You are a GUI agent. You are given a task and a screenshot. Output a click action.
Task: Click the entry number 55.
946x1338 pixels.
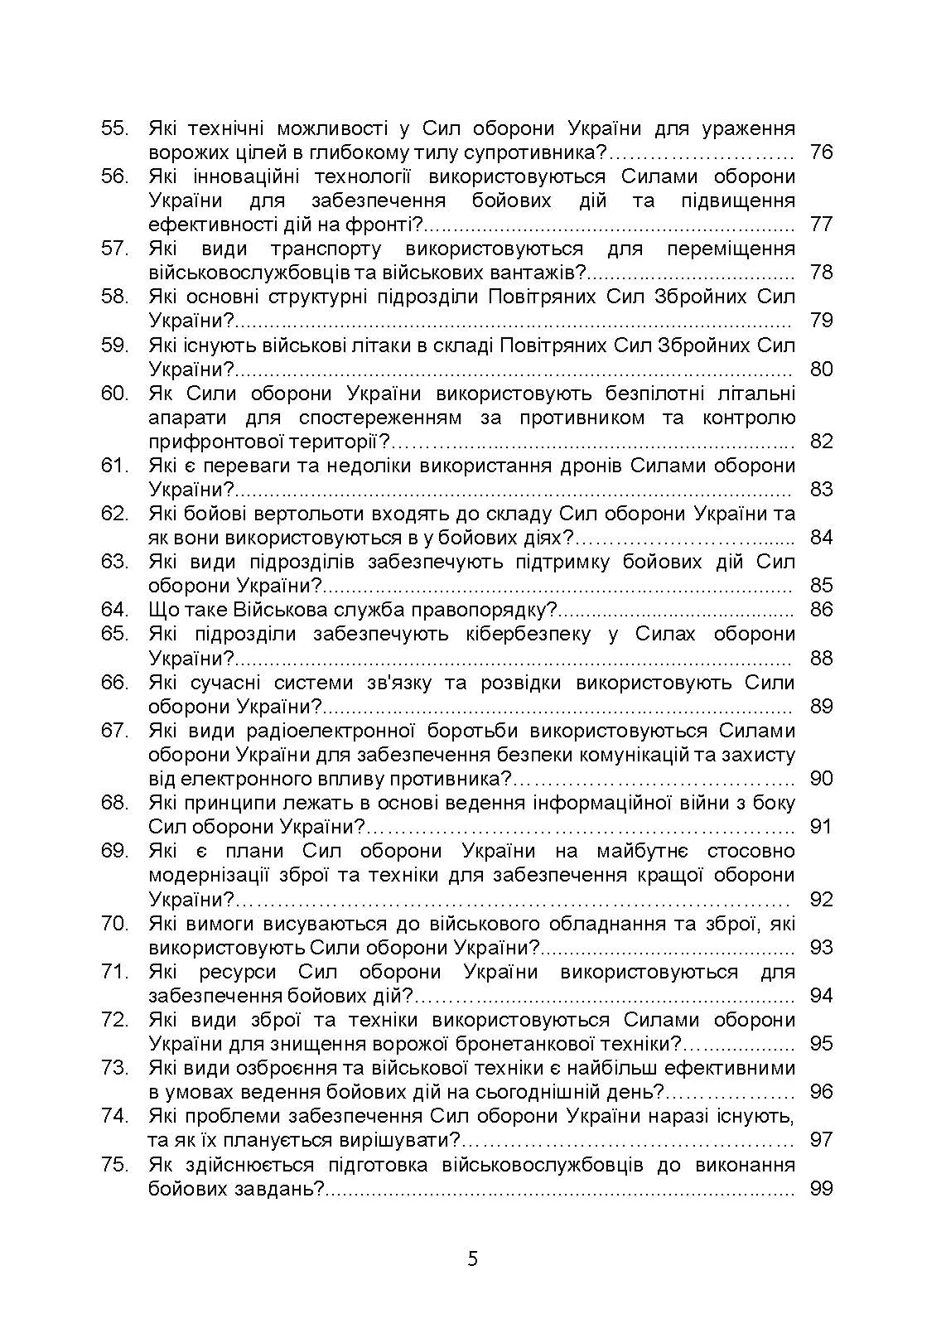point(114,128)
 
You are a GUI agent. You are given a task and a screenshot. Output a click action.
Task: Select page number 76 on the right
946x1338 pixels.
point(820,152)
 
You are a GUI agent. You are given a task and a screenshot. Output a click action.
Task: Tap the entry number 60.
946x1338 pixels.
point(114,394)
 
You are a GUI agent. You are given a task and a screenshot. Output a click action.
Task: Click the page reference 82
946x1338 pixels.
point(820,442)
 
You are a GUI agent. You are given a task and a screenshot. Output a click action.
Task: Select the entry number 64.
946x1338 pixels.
point(114,611)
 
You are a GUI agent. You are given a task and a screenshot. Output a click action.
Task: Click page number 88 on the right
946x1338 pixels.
point(820,659)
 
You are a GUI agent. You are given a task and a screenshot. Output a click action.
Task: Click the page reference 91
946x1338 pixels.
point(820,827)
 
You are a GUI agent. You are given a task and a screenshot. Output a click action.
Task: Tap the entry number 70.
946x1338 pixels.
point(114,924)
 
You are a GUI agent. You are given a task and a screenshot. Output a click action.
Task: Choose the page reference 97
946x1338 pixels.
point(820,1140)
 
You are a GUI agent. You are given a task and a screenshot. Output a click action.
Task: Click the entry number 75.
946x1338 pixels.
point(114,1165)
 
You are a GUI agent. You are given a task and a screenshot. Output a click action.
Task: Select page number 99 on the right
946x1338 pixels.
point(820,1190)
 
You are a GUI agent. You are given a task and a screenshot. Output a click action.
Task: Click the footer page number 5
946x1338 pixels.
point(472,1260)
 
